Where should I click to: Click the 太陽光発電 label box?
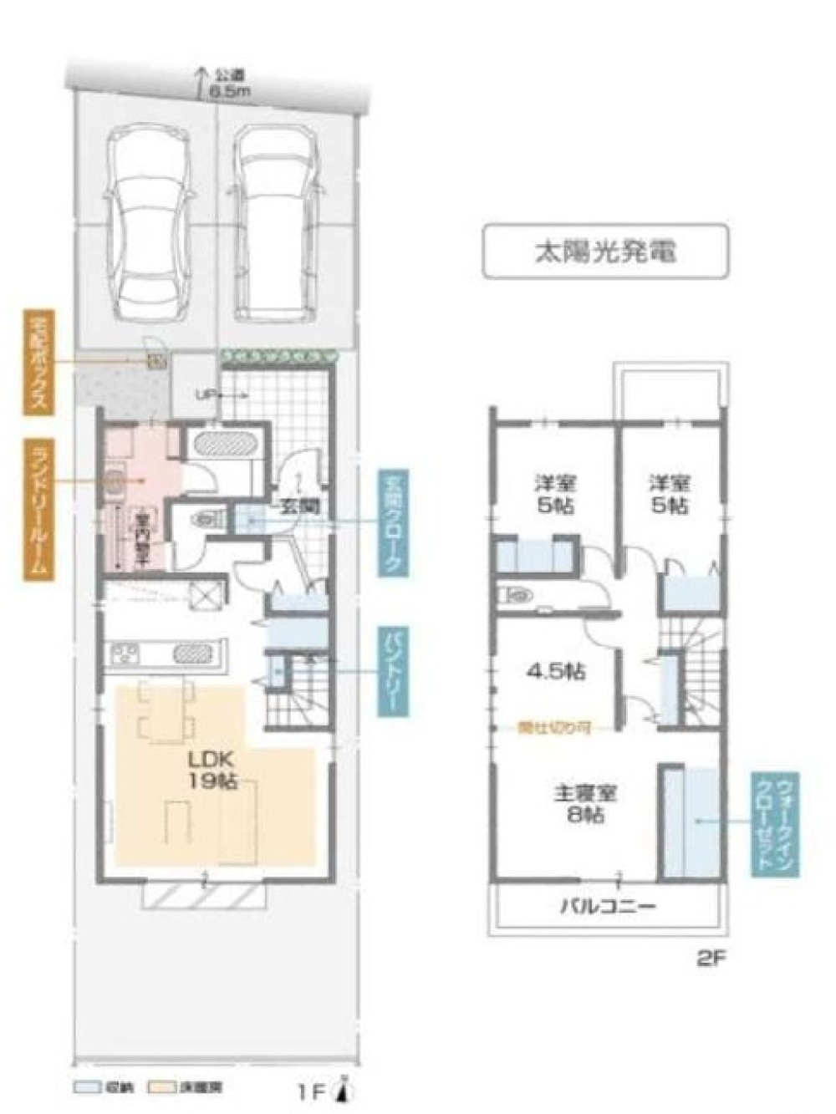point(605,250)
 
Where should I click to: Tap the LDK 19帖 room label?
point(215,770)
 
